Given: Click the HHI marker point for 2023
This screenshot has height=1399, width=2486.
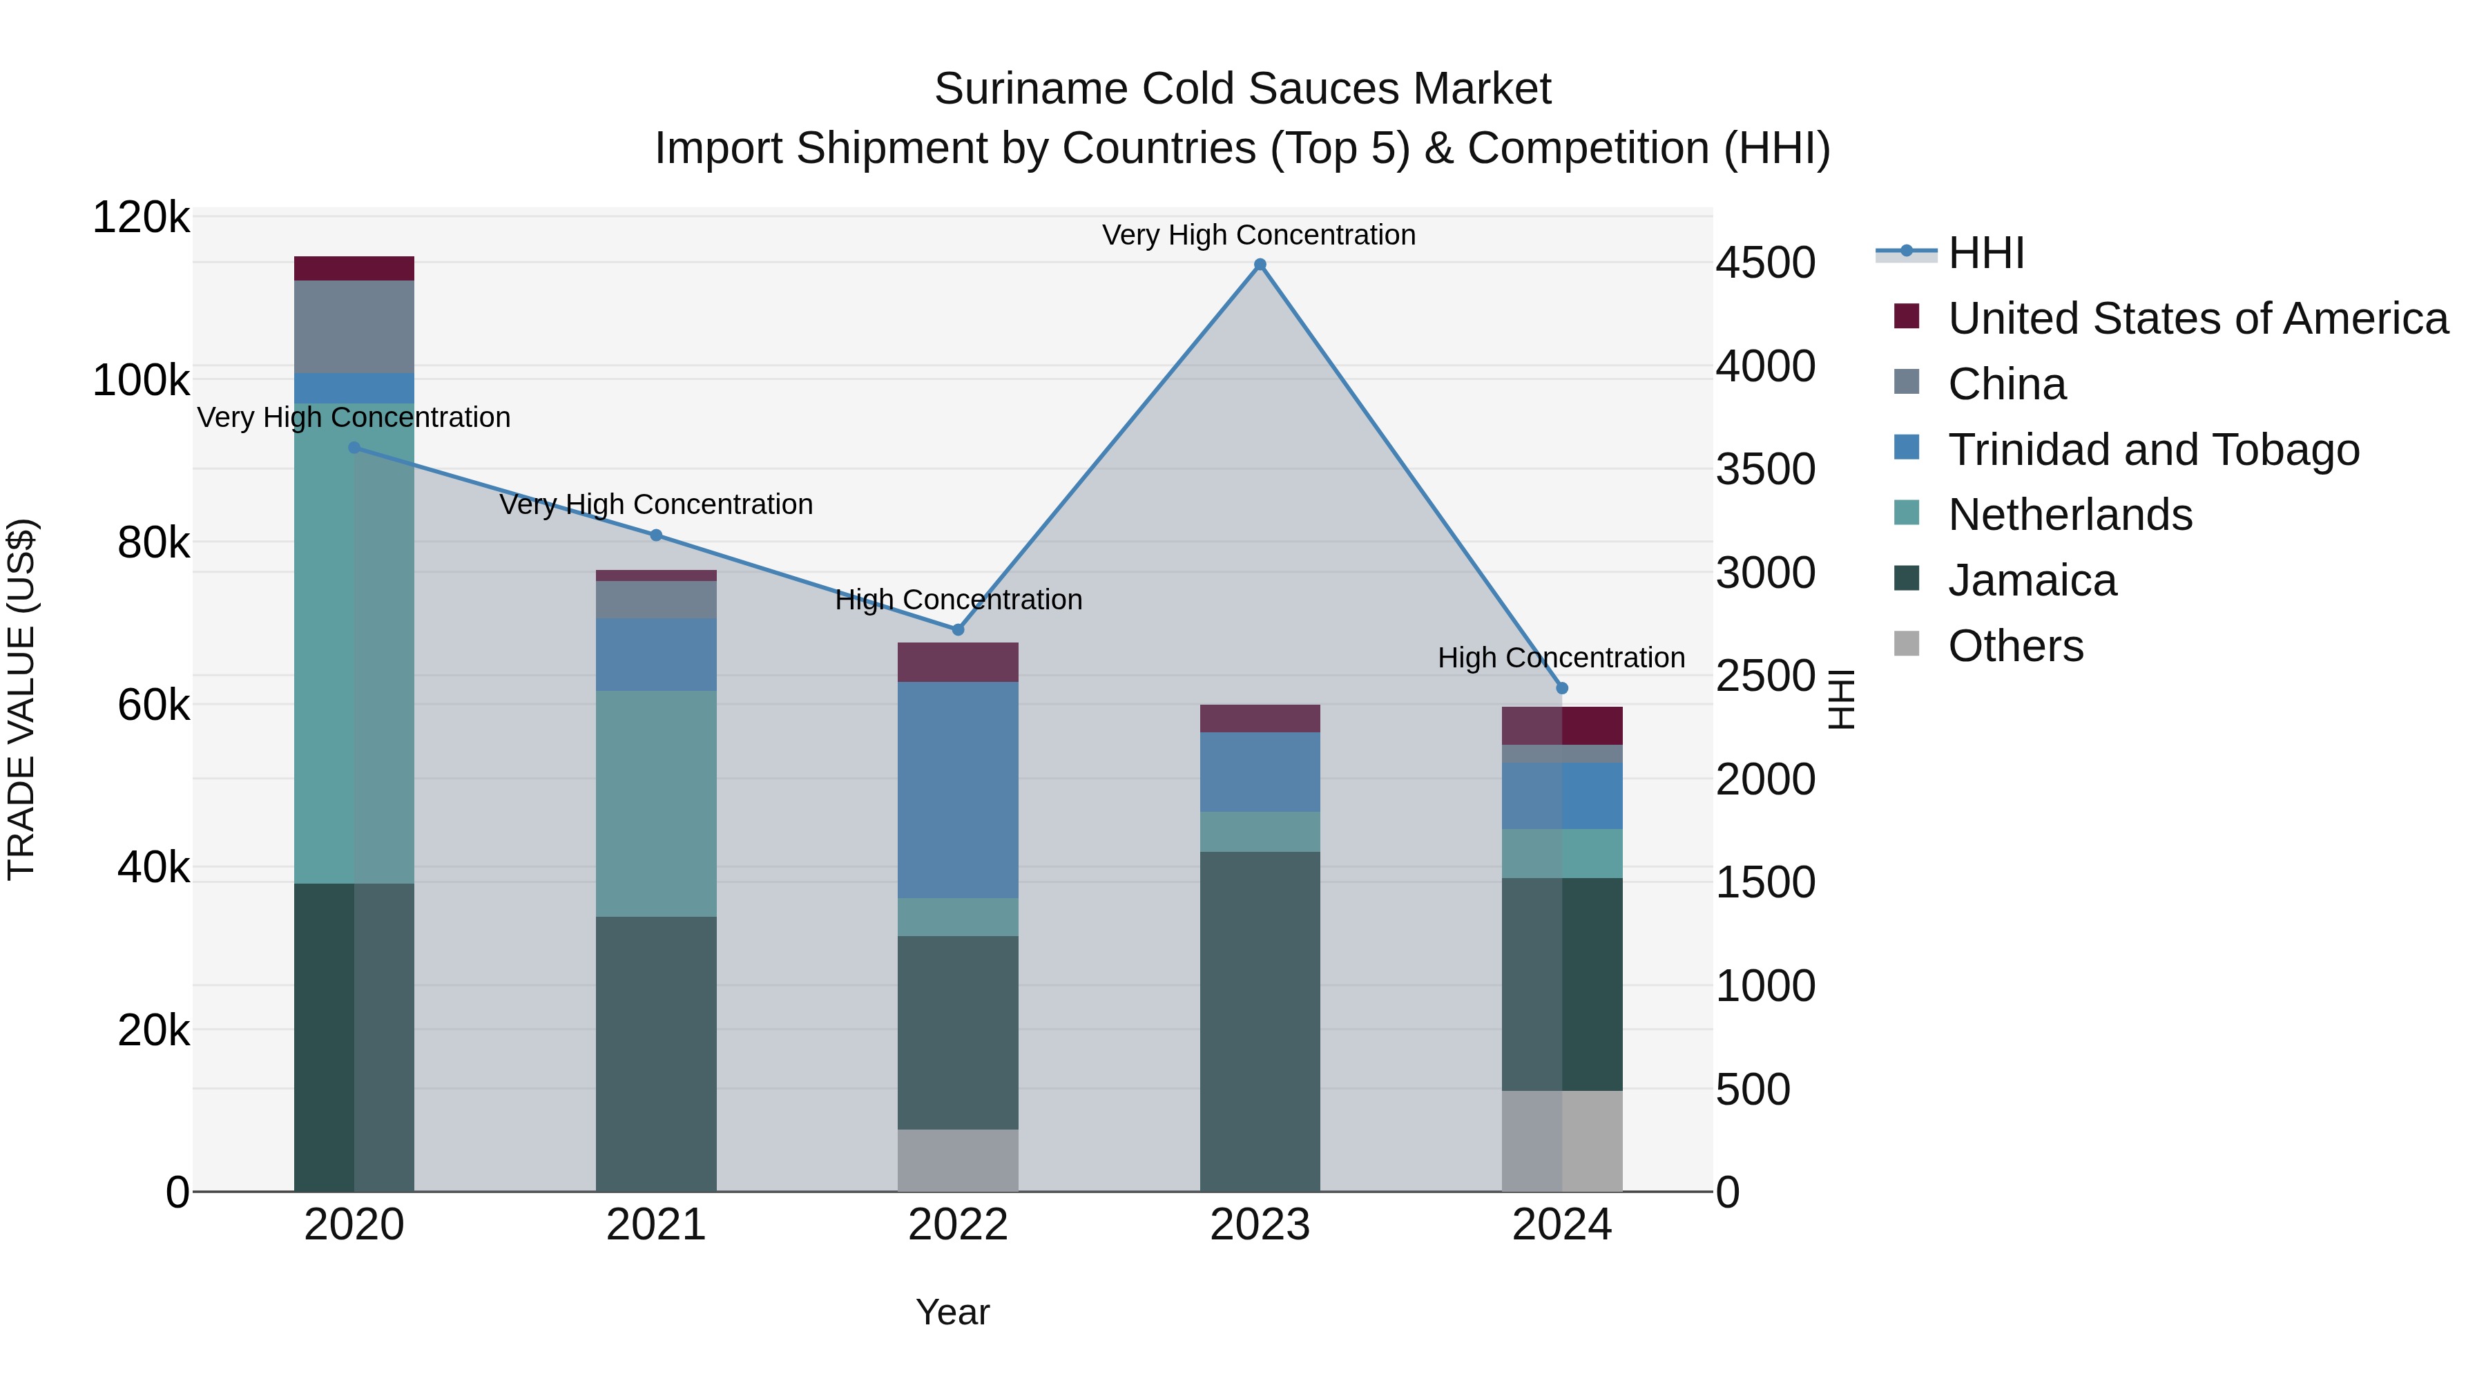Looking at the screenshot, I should (1260, 265).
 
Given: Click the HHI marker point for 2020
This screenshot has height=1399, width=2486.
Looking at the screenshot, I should (354, 448).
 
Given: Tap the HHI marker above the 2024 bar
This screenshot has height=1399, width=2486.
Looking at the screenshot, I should (1563, 688).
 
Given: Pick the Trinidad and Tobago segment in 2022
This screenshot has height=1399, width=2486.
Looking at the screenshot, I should (957, 790).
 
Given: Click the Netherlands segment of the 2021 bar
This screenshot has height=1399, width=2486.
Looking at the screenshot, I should (656, 803).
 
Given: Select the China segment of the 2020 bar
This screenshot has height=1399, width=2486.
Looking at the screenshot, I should (354, 326).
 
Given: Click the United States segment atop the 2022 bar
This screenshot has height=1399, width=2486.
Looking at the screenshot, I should (957, 663).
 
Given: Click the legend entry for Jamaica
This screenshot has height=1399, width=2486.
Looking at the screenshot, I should (2032, 580).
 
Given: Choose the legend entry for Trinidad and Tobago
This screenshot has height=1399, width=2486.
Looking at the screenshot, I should (2153, 450).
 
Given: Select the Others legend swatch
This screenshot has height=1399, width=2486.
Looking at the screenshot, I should (1907, 644).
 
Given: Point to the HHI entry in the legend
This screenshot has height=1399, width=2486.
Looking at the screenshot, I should (1985, 253).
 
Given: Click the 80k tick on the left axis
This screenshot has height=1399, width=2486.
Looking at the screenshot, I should (153, 544).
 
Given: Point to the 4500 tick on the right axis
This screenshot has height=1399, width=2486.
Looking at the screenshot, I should (1765, 264).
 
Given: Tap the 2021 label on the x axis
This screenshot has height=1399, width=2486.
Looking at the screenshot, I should (656, 1225).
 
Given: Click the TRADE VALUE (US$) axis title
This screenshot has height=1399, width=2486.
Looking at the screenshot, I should (22, 699).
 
